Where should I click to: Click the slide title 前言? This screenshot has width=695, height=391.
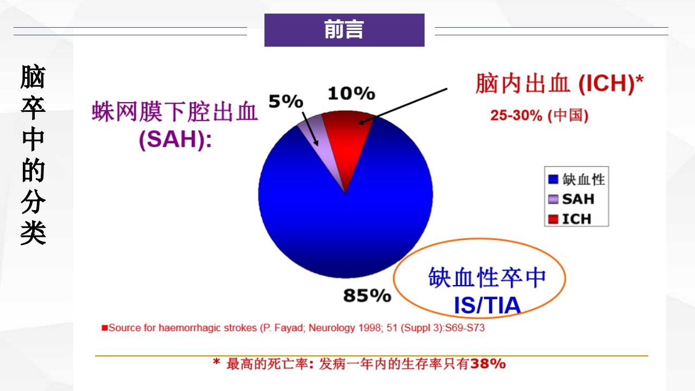pos(344,30)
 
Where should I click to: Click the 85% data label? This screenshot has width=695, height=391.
pos(367,295)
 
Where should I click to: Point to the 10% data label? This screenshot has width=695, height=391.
pos(351,93)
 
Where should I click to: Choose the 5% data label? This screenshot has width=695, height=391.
pos(286,101)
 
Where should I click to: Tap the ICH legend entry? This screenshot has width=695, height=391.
pos(576,219)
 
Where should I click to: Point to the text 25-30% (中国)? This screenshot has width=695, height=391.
pos(539,115)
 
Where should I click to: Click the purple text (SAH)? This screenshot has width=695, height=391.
pos(175,140)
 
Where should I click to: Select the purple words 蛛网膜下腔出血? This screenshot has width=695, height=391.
pos(175,112)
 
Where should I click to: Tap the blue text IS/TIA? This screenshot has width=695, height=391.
pos(487,306)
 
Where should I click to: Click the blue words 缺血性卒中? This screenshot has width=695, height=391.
pos(487,278)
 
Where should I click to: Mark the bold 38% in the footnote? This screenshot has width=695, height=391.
pos(488,363)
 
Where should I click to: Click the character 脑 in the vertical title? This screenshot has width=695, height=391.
pos(33,77)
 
